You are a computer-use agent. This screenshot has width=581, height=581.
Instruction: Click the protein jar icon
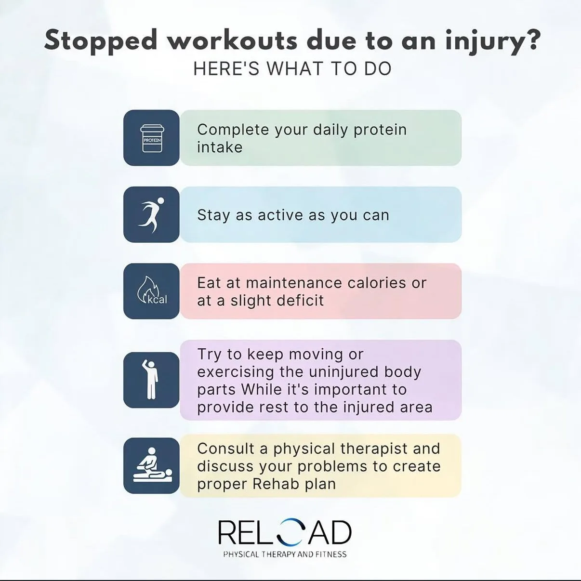point(152,138)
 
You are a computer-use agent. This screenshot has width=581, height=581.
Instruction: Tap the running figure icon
point(152,215)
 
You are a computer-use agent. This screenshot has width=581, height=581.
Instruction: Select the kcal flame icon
point(152,291)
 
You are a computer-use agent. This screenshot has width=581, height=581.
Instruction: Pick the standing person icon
point(152,380)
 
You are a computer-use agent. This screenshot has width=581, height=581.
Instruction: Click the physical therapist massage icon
point(152,465)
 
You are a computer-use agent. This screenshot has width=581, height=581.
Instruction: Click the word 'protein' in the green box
point(380,130)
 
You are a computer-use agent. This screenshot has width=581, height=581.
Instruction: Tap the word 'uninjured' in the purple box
point(337,372)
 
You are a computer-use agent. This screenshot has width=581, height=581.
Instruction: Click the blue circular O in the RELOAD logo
point(291,532)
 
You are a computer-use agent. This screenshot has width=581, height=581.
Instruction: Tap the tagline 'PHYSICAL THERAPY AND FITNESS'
point(285,554)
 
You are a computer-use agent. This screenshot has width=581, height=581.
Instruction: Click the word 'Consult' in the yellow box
point(225,449)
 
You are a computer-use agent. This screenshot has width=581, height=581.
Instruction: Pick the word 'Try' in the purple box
point(209,355)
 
